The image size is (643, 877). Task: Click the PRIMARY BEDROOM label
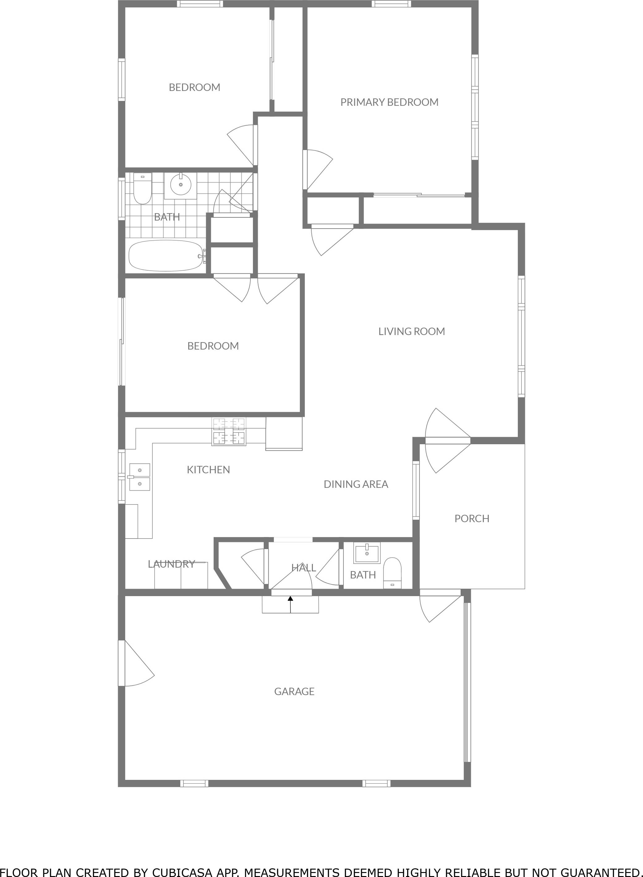(389, 102)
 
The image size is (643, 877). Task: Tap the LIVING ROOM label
(411, 331)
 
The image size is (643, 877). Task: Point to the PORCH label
(472, 518)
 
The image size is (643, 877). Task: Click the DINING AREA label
(356, 484)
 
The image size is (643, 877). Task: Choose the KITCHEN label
(208, 470)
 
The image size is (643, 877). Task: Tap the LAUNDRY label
(171, 564)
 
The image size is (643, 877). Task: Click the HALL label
(303, 568)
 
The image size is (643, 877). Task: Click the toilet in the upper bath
(142, 189)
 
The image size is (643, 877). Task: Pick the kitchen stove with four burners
(229, 432)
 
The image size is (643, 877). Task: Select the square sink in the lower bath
(367, 554)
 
